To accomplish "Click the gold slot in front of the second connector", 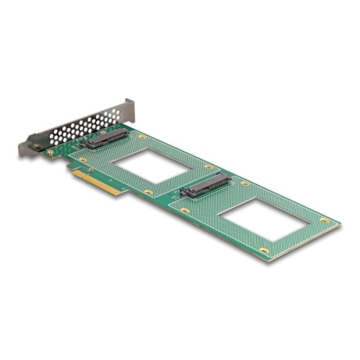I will (185, 209).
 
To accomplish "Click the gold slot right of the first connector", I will (141, 137).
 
